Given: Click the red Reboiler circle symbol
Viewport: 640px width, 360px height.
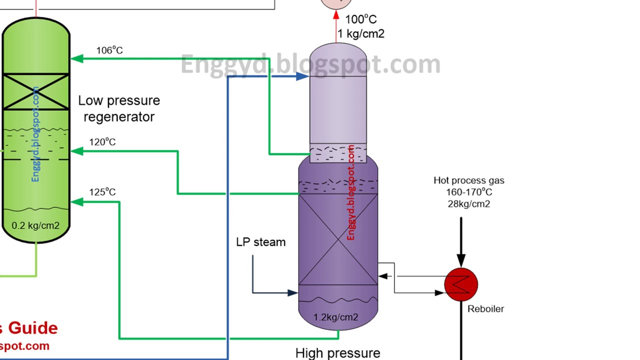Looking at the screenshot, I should pyautogui.click(x=461, y=284).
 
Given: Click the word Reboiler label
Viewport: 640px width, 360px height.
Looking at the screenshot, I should pyautogui.click(x=485, y=309).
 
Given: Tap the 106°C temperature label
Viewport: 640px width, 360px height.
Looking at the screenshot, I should pyautogui.click(x=109, y=50).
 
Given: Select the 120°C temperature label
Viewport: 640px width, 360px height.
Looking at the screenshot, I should pyautogui.click(x=102, y=142).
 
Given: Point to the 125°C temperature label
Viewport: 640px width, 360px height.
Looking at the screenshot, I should pyautogui.click(x=102, y=192).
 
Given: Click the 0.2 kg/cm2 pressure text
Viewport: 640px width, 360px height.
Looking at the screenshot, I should pyautogui.click(x=35, y=225).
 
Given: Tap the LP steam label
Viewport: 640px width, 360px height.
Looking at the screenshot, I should pyautogui.click(x=260, y=242).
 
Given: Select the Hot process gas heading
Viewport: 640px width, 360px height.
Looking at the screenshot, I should pyautogui.click(x=468, y=180).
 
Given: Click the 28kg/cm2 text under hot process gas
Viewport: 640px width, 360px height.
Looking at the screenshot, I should pyautogui.click(x=468, y=204).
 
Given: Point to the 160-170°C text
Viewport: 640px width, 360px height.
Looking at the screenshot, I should pyautogui.click(x=468, y=192).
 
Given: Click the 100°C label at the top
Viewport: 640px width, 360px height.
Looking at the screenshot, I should pyautogui.click(x=360, y=19).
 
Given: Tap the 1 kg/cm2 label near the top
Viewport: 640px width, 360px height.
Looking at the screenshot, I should pyautogui.click(x=360, y=34).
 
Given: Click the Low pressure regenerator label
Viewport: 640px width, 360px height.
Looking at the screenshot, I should pyautogui.click(x=119, y=108).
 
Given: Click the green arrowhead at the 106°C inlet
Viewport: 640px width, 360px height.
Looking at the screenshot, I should pyautogui.click(x=76, y=58).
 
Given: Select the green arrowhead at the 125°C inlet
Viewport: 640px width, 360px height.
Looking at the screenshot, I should pyautogui.click(x=76, y=202).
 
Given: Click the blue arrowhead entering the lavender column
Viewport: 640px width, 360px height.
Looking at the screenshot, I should pyautogui.click(x=302, y=76).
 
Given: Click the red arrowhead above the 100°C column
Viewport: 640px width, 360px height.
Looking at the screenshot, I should pyautogui.click(x=336, y=15).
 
